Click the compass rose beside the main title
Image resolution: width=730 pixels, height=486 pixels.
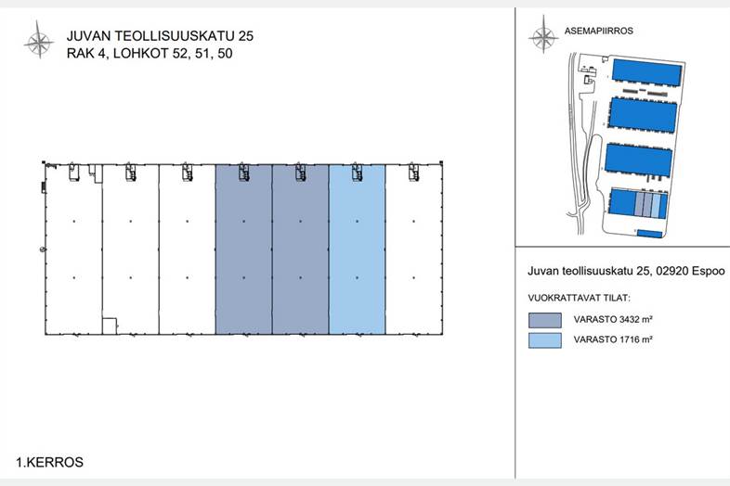[x=39, y=40]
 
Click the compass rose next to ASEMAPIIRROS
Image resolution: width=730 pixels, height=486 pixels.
[x=543, y=34]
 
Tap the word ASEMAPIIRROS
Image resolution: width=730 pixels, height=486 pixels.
[x=599, y=32]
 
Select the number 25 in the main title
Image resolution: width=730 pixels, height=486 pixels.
[x=245, y=36]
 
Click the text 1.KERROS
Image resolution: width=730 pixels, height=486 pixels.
[x=50, y=462]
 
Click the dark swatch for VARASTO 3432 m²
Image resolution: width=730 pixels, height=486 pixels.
[x=544, y=320]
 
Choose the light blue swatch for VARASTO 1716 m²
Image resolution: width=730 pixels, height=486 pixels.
[x=544, y=340]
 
